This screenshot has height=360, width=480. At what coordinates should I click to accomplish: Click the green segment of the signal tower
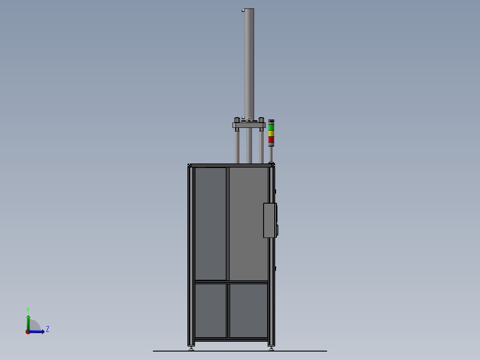[x=271, y=127]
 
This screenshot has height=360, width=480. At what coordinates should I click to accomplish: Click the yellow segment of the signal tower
[x=271, y=133]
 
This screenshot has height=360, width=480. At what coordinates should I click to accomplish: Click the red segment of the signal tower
[x=271, y=139]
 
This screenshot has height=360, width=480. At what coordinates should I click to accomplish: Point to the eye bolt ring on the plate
[x=249, y=119]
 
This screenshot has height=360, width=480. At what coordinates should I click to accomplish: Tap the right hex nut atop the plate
[x=261, y=119]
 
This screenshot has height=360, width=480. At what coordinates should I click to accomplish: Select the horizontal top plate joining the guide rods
[x=249, y=125]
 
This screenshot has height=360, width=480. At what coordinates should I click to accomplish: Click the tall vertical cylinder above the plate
[x=249, y=62]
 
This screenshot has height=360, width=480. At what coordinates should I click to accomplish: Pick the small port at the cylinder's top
[x=243, y=11]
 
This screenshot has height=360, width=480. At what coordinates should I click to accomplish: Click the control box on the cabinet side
[x=270, y=220]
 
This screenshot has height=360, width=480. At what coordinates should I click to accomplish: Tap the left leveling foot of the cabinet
[x=191, y=348]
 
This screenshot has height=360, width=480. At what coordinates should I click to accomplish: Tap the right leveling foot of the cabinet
[x=271, y=348]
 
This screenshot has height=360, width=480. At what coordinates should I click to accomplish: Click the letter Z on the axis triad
[x=48, y=329]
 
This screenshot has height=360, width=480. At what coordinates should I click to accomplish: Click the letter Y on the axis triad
[x=28, y=309]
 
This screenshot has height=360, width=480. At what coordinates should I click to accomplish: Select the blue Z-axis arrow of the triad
[x=38, y=331]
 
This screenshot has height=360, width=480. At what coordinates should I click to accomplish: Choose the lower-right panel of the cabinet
[x=248, y=311]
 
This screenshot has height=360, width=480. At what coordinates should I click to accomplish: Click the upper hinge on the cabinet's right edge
[x=275, y=192]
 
